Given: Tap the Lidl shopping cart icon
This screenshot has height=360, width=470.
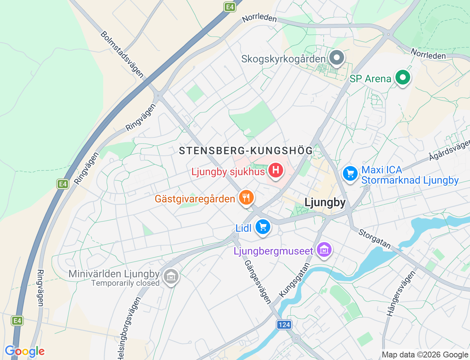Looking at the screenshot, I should click(x=263, y=227).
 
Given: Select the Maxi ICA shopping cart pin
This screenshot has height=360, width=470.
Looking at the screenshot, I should click(x=350, y=174).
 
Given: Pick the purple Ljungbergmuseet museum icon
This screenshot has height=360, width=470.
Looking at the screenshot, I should click(x=324, y=250).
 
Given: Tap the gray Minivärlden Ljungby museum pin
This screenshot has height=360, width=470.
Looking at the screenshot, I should click(x=171, y=276).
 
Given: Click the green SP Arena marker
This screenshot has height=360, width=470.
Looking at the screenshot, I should click(x=402, y=78).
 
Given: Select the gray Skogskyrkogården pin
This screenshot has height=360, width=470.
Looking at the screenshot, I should click(x=336, y=58).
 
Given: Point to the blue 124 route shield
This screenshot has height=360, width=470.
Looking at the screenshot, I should click(x=284, y=324).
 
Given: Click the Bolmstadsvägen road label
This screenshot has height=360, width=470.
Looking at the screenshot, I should click(x=122, y=54).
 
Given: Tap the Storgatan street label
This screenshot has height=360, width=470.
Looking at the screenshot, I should click(x=375, y=239).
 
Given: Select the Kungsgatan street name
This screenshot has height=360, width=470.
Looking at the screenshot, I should click(x=294, y=280).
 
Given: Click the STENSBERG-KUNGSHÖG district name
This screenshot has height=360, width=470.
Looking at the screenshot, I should click(x=246, y=151).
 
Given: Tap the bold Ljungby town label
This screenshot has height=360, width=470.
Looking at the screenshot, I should click(x=325, y=203).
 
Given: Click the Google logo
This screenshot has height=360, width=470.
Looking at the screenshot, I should click(x=25, y=352).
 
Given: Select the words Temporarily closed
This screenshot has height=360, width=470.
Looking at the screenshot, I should click(x=125, y=283).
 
